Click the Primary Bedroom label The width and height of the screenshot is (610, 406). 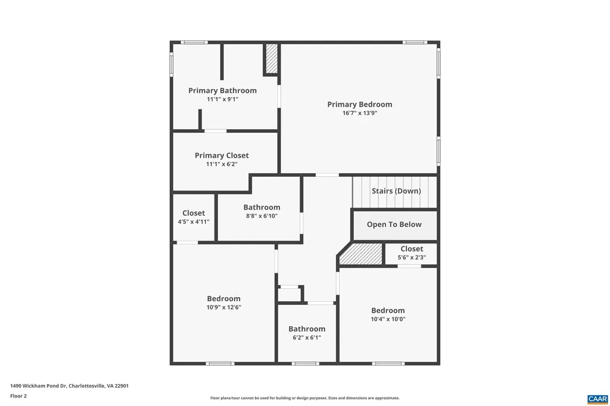coord(359,104)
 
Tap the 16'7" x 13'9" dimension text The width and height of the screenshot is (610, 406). coord(359,113)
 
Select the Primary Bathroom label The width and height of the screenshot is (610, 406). coord(222,90)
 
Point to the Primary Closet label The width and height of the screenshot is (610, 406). coord(222,155)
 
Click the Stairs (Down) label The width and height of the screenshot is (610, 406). coord(396,191)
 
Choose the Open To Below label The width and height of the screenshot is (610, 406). coord(394,224)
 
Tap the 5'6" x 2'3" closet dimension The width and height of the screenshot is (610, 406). coord(412,258)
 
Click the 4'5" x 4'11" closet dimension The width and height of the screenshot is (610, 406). coord(194,221)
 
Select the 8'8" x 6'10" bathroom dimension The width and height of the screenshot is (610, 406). coord(262,216)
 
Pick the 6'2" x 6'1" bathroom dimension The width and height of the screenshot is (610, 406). coord(307,338)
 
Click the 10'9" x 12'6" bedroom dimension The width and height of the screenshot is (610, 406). coord(223,307)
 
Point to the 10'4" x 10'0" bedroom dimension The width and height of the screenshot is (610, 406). coord(388,319)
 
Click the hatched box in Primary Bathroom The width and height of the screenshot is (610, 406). coord(272,59)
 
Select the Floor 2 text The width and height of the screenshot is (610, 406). coord(18,396)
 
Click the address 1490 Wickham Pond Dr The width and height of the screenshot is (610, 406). coord(69,386)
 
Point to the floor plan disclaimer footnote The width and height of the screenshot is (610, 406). coord(304,398)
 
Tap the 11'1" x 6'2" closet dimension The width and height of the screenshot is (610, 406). coord(222,164)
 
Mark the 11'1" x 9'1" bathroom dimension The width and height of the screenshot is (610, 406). coord(222,99)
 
